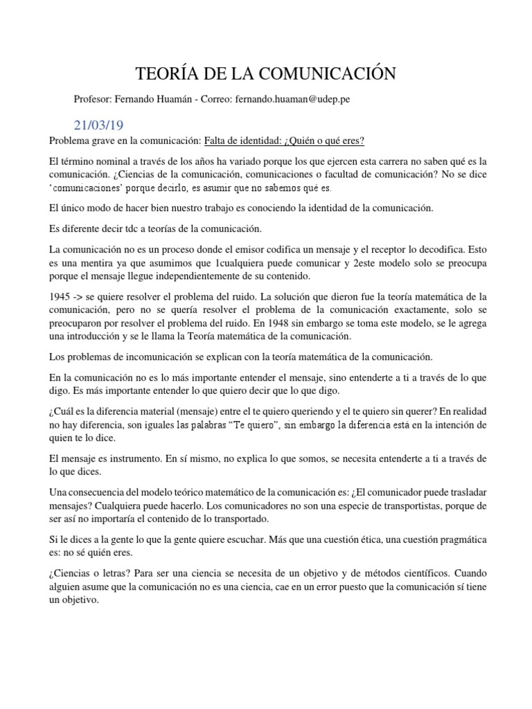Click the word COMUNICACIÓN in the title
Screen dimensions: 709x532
329,73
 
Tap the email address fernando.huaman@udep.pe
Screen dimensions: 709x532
292,99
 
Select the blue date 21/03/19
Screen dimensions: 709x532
98,125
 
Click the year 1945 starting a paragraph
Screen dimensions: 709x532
60,276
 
